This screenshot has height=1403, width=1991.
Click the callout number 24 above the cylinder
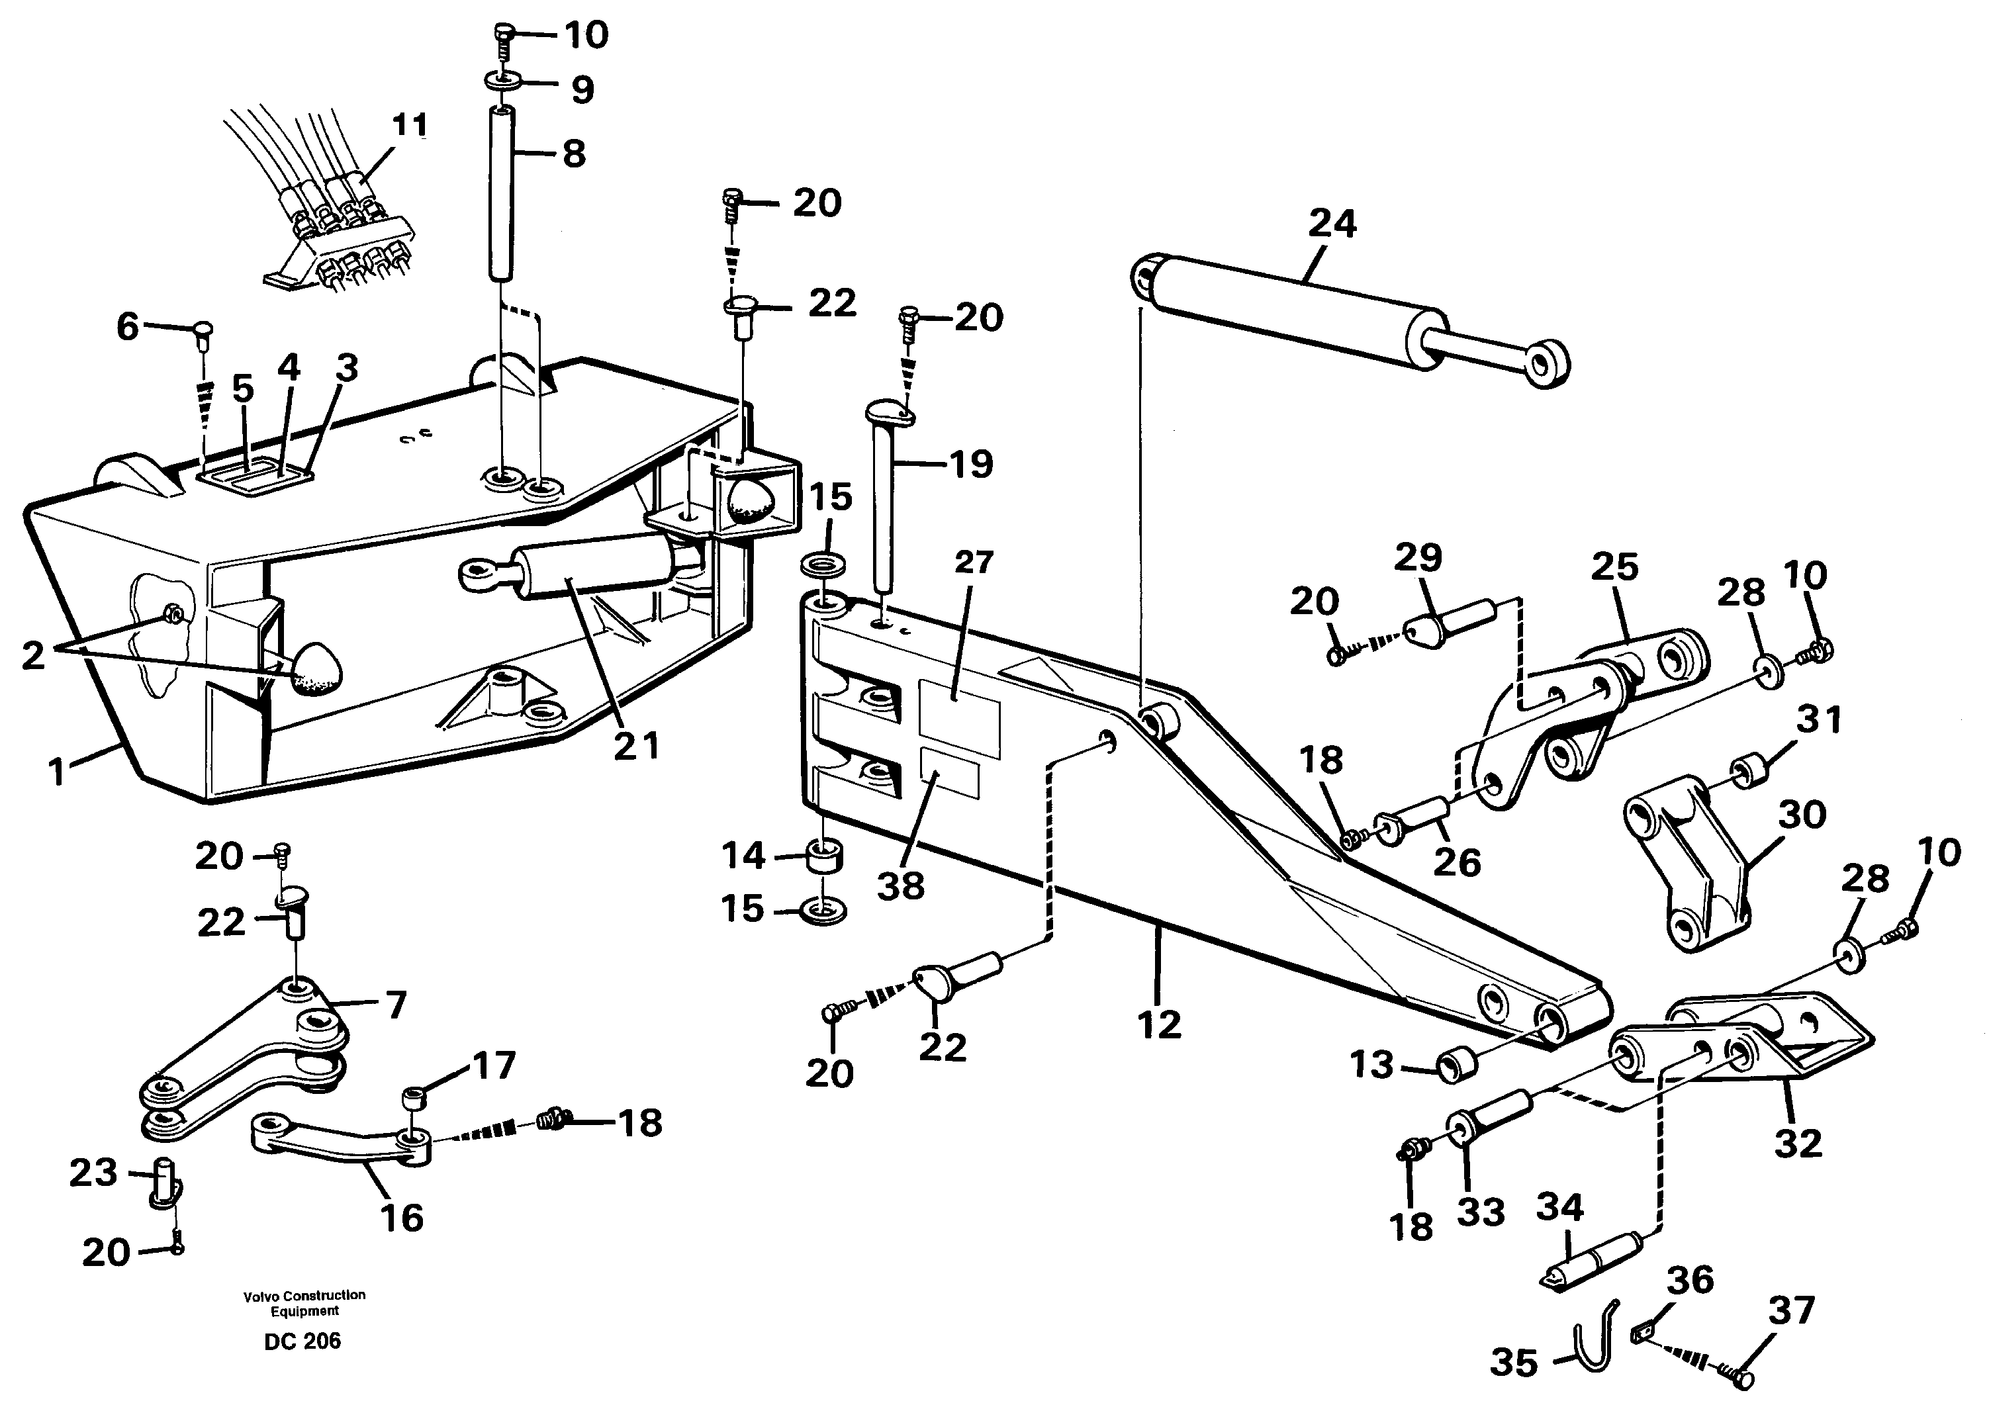pos(1332,224)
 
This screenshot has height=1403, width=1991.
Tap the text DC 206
pos(302,1341)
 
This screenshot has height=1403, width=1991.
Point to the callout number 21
pos(637,746)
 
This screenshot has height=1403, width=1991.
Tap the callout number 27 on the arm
pos(973,562)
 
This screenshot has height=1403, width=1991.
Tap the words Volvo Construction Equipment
pos(304,1302)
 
